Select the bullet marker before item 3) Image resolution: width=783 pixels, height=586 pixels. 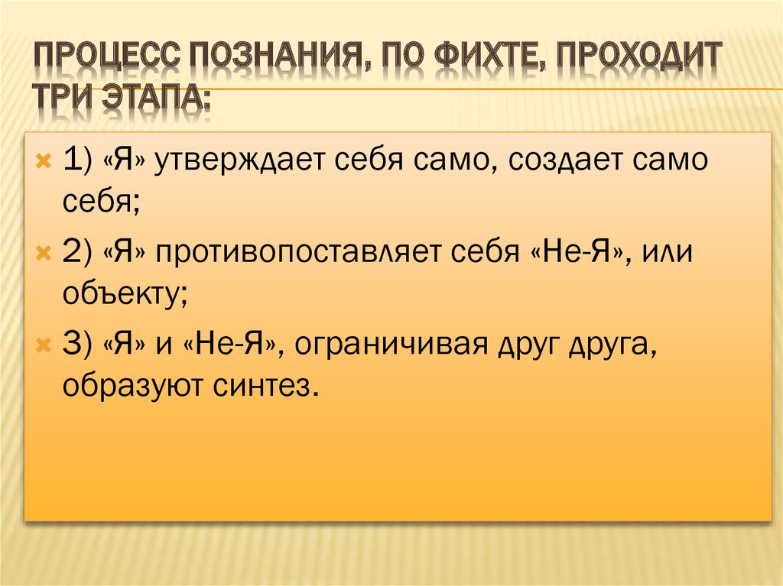[x=44, y=345]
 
